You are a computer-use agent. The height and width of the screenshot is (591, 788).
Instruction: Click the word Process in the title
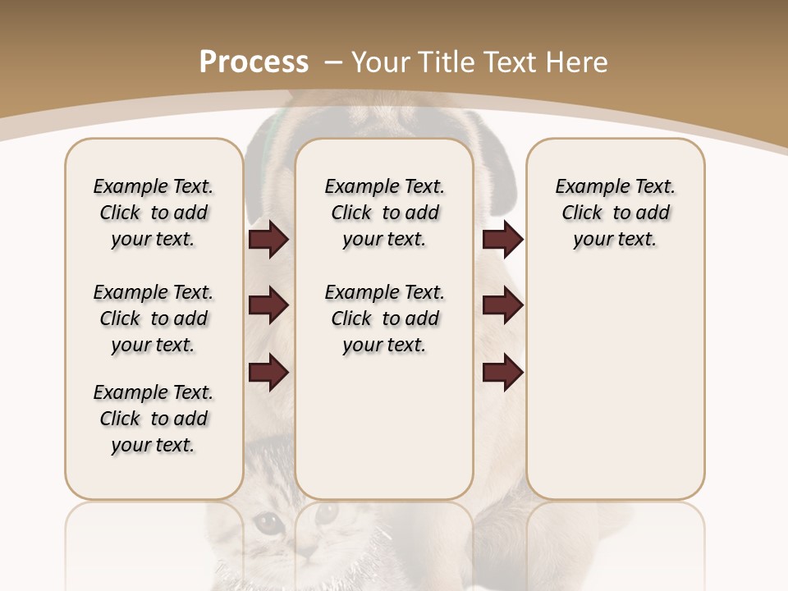pyautogui.click(x=254, y=62)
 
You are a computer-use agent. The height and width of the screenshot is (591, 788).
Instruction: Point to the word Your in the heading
pyautogui.click(x=382, y=62)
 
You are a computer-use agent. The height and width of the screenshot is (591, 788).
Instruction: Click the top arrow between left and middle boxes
pyautogui.click(x=268, y=240)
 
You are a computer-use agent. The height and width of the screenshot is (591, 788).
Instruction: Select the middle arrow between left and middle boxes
pyautogui.click(x=268, y=306)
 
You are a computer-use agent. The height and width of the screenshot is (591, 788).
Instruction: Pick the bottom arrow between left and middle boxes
pyautogui.click(x=268, y=373)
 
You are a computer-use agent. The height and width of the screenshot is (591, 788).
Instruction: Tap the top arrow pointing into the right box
pyautogui.click(x=502, y=240)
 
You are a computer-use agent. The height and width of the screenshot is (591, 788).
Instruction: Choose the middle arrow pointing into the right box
pyautogui.click(x=502, y=306)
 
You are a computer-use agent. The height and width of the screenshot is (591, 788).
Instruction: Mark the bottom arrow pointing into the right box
pyautogui.click(x=502, y=373)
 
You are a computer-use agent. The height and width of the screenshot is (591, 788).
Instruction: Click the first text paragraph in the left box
pyautogui.click(x=153, y=213)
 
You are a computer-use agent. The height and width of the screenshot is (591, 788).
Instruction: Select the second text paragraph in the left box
pyautogui.click(x=153, y=318)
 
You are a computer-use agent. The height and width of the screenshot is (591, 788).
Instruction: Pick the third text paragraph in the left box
pyautogui.click(x=153, y=419)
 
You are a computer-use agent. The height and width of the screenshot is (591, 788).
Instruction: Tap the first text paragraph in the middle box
pyautogui.click(x=384, y=213)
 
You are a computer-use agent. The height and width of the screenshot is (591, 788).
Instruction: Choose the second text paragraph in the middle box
pyautogui.click(x=384, y=318)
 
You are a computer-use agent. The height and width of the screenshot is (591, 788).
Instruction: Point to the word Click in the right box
pyautogui.click(x=582, y=213)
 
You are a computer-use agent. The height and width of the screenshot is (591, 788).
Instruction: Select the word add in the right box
pyautogui.click(x=653, y=213)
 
